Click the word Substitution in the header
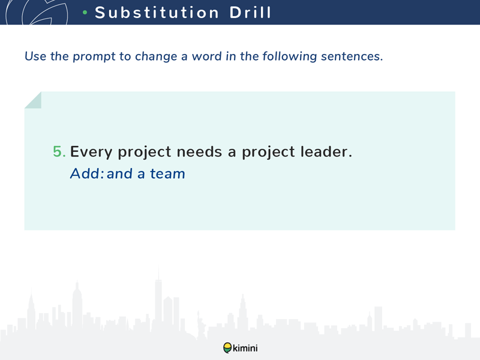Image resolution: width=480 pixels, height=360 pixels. (157, 13)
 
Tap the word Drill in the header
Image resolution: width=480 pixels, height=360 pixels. (250, 13)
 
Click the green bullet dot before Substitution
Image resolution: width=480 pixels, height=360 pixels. (85, 13)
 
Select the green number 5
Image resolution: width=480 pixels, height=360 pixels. (59, 152)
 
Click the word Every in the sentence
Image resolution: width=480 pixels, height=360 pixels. (91, 152)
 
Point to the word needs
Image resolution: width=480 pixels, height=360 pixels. (199, 152)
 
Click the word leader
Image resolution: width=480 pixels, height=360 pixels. (326, 152)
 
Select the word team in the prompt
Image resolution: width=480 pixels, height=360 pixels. (167, 174)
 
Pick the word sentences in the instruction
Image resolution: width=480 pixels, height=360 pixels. (352, 56)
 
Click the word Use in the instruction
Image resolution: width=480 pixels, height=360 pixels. (35, 56)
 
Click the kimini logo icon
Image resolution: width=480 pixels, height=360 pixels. (227, 348)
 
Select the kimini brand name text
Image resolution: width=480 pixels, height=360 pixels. (245, 348)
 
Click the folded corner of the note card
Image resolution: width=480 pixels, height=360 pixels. (33, 100)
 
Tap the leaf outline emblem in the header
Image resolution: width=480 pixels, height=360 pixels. (37, 12)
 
